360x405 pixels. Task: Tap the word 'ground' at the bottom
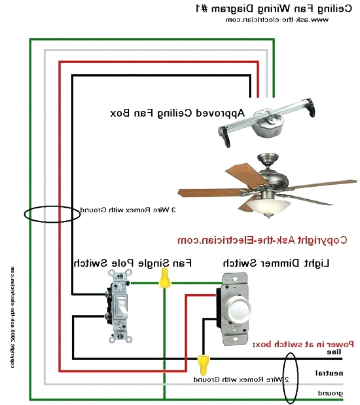tap(330, 394)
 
